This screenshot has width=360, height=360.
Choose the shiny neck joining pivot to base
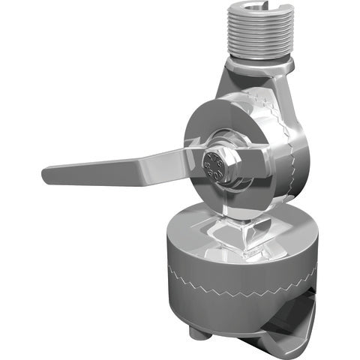click(x=236, y=225)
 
